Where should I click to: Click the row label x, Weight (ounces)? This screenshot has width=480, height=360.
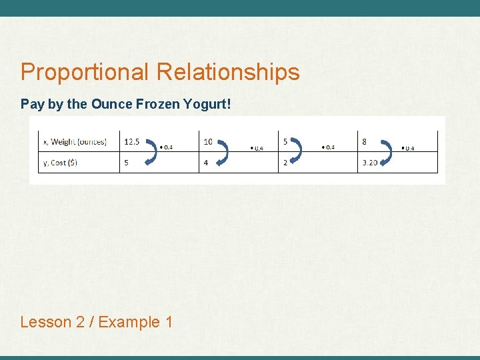pyautogui.click(x=75, y=141)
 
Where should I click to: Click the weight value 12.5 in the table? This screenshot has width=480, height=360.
pyautogui.click(x=132, y=141)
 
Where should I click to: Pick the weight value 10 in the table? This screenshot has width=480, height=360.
pyautogui.click(x=208, y=141)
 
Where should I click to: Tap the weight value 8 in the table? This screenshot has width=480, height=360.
pyautogui.click(x=365, y=141)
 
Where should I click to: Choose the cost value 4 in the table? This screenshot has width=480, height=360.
pyautogui.click(x=206, y=163)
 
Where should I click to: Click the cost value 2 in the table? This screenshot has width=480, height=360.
pyautogui.click(x=285, y=163)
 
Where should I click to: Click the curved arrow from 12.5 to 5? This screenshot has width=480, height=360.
pyautogui.click(x=151, y=151)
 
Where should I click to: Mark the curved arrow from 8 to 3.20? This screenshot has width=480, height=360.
pyautogui.click(x=385, y=152)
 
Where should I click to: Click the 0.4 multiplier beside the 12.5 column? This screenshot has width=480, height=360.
pyautogui.click(x=167, y=147)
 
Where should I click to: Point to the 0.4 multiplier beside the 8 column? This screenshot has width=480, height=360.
pyautogui.click(x=408, y=148)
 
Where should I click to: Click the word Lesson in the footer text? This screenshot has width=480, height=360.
pyautogui.click(x=46, y=322)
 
